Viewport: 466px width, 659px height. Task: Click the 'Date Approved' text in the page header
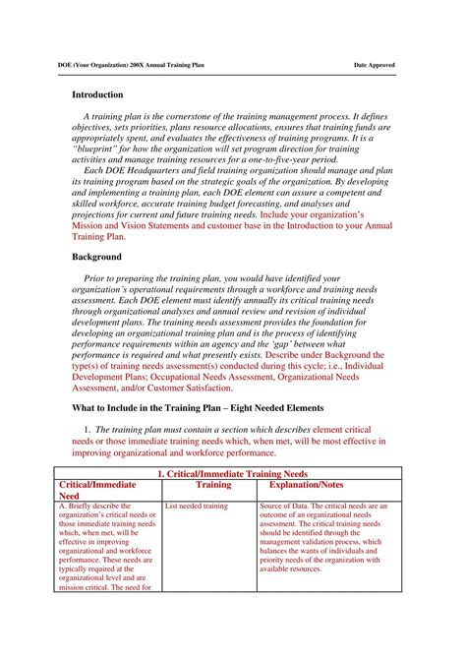pyautogui.click(x=375, y=65)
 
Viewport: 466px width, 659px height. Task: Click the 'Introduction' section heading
pyautogui.click(x=97, y=95)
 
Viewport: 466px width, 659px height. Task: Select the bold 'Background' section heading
pyautogui.click(x=95, y=256)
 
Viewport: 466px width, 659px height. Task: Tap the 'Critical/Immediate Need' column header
pyautogui.click(x=98, y=491)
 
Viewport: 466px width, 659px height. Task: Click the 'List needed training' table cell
pyautogui.click(x=197, y=507)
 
